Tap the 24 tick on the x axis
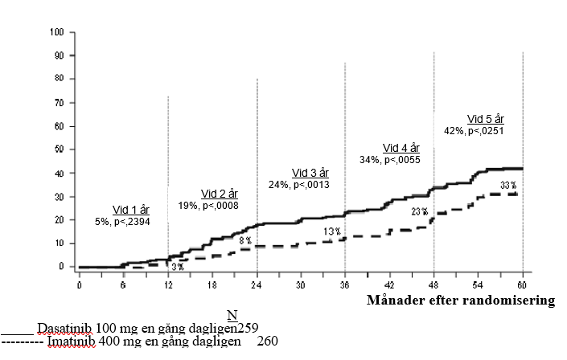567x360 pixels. pos(257,286)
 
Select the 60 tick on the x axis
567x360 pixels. pos(523,286)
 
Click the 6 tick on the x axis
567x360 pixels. pos(124,286)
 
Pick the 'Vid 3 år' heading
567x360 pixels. pos(310,173)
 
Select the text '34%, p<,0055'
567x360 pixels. pos(390,160)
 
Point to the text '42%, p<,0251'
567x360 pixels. pos(474,130)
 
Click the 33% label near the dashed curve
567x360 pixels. pos(508,186)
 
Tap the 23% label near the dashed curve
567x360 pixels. pos(419,212)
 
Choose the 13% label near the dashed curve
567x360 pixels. pos(331,232)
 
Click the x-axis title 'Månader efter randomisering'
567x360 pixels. pos(462,301)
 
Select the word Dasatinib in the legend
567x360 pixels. pos(62,328)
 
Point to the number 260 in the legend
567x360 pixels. pos(268,342)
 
